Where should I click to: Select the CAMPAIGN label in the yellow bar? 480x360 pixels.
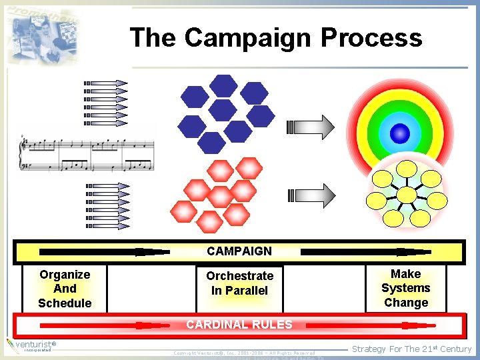click(239, 251)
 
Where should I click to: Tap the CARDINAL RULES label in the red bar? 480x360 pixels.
click(239, 325)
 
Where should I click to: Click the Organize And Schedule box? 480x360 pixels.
click(65, 289)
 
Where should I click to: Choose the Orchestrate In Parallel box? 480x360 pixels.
click(239, 283)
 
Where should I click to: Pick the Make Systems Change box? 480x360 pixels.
click(405, 288)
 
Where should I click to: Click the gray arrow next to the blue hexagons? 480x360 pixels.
click(311, 127)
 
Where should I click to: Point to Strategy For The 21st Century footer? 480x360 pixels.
click(411, 349)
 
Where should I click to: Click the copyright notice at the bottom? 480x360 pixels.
click(244, 353)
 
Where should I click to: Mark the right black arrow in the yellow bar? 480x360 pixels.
click(367, 252)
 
